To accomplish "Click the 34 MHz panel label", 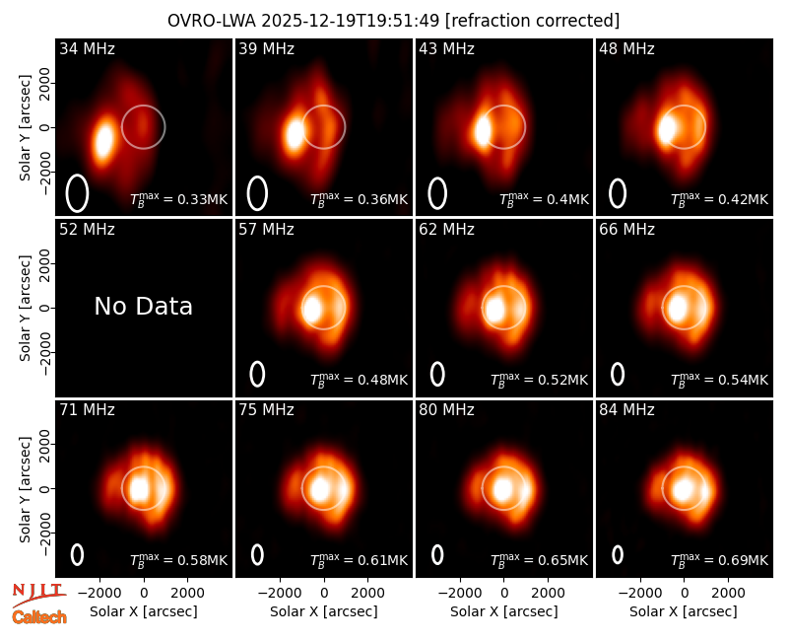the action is [87, 48].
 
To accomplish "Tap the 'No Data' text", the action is [143, 306].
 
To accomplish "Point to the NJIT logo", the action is [38, 595].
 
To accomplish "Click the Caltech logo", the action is [39, 617].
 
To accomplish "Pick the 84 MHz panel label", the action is [626, 410].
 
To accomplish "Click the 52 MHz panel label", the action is [87, 230].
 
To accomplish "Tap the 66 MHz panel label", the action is [626, 230].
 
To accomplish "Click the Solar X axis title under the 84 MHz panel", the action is [684, 611].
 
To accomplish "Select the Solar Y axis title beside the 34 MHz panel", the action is [25, 128].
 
